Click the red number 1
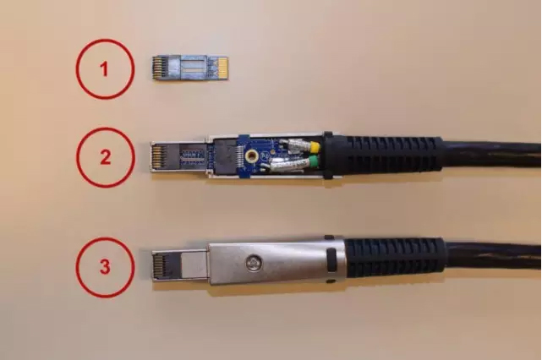104,69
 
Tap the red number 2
105,157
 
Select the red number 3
105,267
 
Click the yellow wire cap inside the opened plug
315,147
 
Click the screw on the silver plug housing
254,264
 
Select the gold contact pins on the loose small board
157,68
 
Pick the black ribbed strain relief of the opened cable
394,154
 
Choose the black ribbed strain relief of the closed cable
395,258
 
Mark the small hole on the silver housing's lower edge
332,281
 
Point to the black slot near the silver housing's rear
331,260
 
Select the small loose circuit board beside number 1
189,68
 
